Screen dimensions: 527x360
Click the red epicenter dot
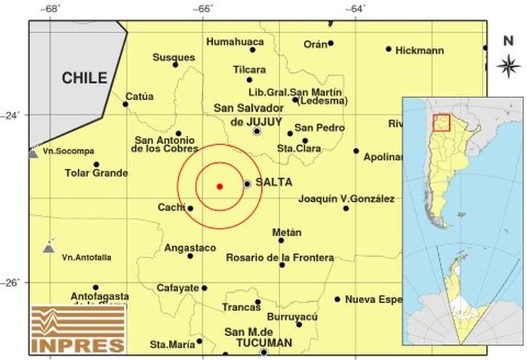(x=219, y=186)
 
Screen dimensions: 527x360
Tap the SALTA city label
(x=273, y=183)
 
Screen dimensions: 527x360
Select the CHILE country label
(x=84, y=78)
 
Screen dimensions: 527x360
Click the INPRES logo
(x=77, y=330)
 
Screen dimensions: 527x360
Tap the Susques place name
(x=173, y=57)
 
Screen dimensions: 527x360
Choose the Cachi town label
(x=172, y=208)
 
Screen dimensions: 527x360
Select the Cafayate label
(x=178, y=288)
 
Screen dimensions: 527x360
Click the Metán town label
(x=287, y=232)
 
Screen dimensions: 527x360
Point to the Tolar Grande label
(x=96, y=173)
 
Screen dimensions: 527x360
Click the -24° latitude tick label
(x=13, y=115)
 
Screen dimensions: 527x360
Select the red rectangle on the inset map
(x=440, y=123)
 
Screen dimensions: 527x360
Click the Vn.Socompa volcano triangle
(x=32, y=154)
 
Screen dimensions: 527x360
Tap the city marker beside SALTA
(x=248, y=184)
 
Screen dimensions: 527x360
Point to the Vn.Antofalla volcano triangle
(x=48, y=248)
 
